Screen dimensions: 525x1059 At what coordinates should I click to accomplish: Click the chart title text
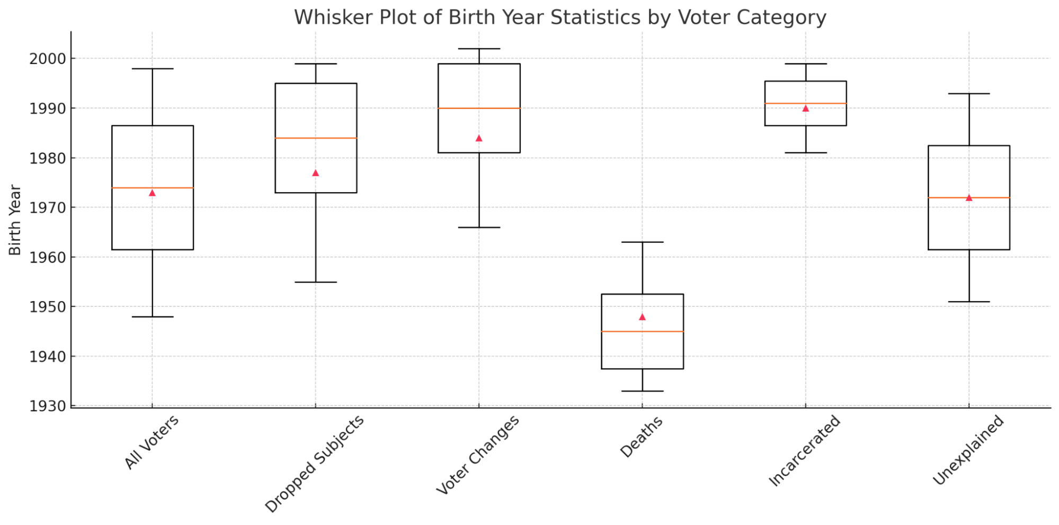[x=560, y=17]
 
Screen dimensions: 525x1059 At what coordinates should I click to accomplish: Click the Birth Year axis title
[x=15, y=220]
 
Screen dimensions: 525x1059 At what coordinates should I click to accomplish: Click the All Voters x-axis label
[x=152, y=442]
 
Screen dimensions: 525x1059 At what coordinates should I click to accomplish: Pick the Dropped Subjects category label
[x=315, y=464]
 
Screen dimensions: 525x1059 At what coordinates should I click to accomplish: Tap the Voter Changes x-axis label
[x=478, y=455]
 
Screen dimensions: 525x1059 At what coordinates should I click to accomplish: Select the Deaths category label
[x=642, y=437]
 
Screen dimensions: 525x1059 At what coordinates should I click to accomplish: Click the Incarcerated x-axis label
[x=804, y=450]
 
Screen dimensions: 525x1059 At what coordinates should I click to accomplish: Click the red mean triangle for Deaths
[x=642, y=317]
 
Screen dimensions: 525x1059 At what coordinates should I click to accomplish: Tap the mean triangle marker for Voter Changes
[x=479, y=138]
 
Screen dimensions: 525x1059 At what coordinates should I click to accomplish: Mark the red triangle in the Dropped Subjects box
[x=316, y=173]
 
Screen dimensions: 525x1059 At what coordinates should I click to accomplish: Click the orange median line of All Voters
[x=153, y=188]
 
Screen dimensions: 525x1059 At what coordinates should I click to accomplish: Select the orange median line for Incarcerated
[x=806, y=103]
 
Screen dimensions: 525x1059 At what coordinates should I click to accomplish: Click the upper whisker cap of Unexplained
[x=969, y=94]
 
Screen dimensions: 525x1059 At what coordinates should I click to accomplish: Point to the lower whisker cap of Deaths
[x=642, y=391]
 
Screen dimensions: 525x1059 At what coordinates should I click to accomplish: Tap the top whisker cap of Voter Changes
[x=479, y=49]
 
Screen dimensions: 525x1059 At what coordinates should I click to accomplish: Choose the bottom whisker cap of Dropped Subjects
[x=316, y=282]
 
